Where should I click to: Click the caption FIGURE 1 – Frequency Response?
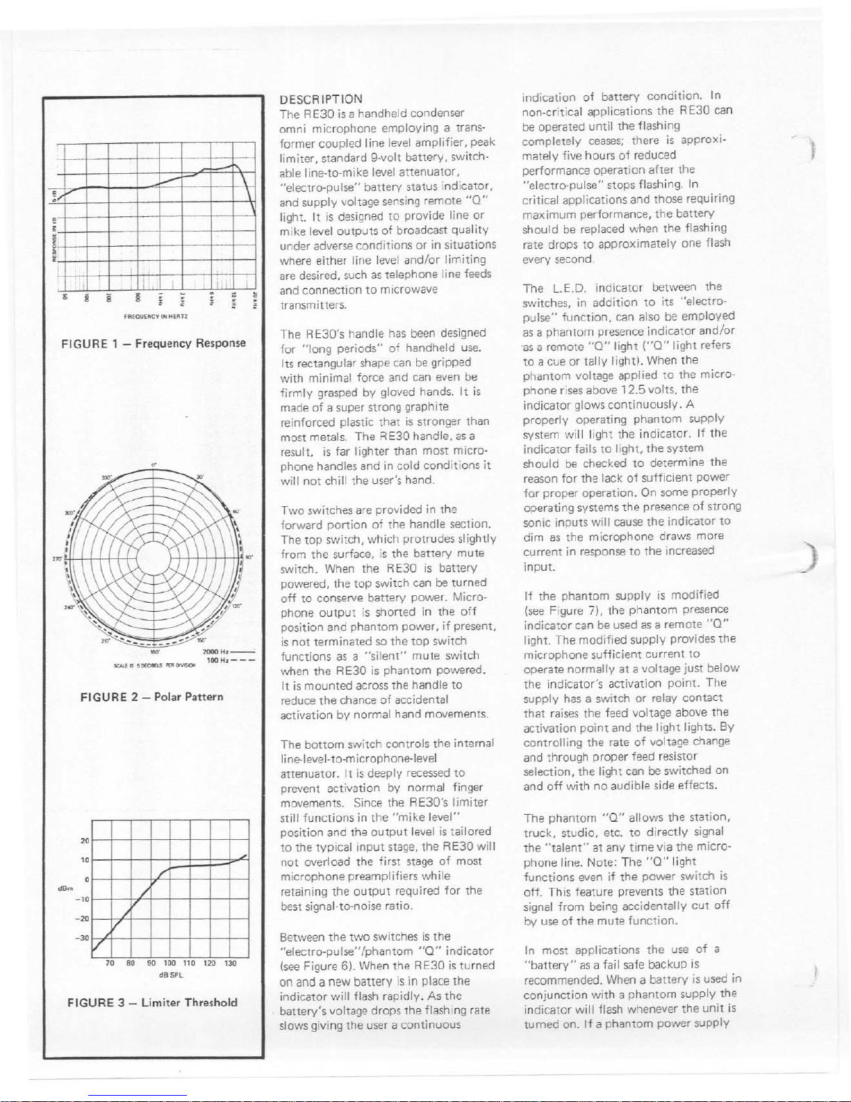click(154, 343)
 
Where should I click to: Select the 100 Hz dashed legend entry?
click(229, 660)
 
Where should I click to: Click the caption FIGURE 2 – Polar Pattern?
click(152, 697)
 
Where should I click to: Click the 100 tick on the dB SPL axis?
click(170, 964)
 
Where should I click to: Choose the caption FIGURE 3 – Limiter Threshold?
click(152, 1003)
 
